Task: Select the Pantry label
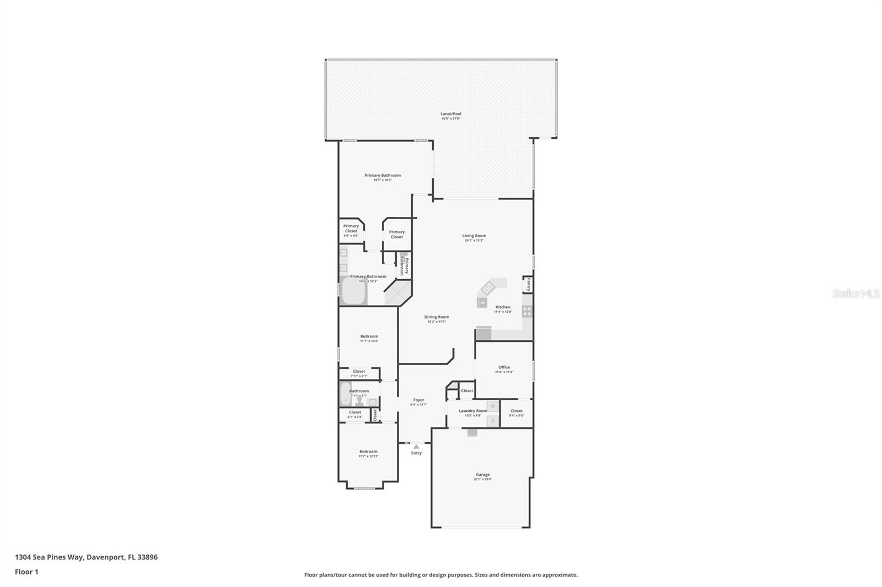point(528,284)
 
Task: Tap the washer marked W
point(493,406)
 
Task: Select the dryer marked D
point(493,421)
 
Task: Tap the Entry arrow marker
point(416,447)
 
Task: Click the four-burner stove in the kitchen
point(527,312)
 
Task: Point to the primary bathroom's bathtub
point(353,291)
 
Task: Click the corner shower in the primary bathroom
point(397,293)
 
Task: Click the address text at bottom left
point(86,557)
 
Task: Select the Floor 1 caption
point(26,572)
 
